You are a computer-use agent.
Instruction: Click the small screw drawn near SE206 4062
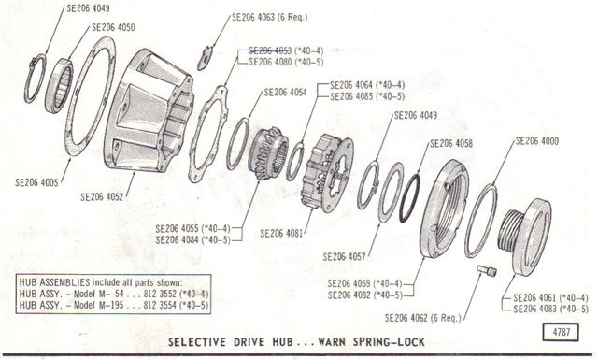(x=485, y=271)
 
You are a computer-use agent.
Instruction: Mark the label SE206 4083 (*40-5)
(x=550, y=309)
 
